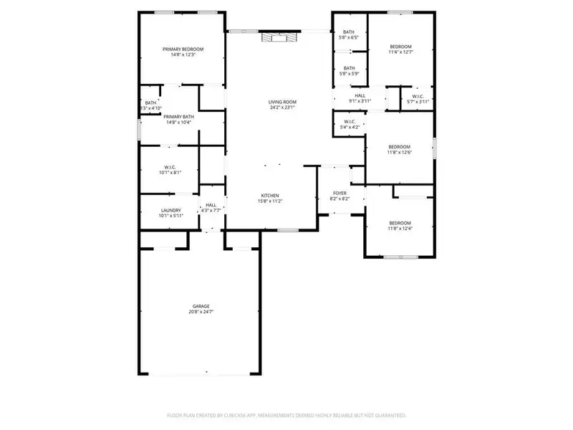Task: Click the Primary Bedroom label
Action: [183, 49]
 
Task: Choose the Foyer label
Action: [340, 193]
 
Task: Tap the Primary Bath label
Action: [178, 116]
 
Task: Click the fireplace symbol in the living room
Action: [276, 37]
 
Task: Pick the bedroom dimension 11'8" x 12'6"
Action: [400, 152]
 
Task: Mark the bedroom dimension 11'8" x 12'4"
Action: [400, 229]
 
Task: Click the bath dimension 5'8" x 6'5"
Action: [349, 38]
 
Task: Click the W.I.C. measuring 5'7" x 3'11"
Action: [417, 102]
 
